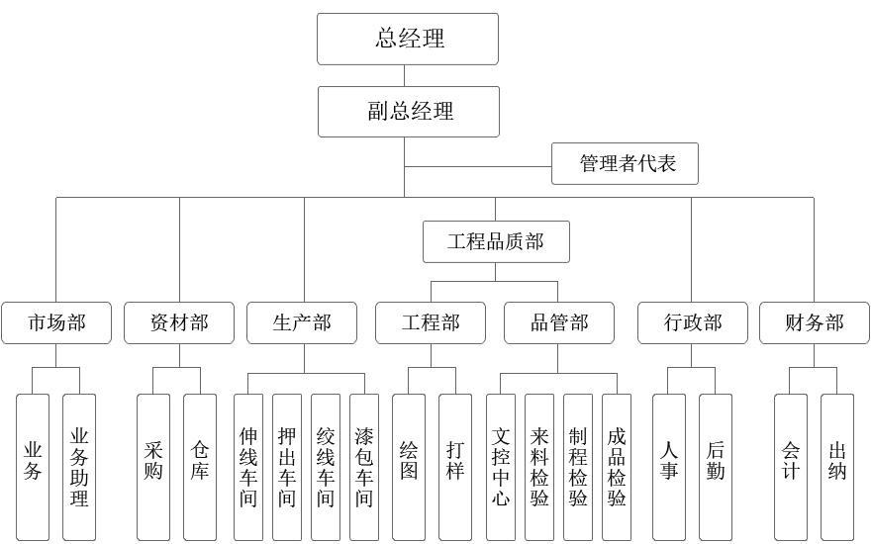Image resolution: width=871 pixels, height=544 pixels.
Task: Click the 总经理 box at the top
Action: pyautogui.click(x=408, y=39)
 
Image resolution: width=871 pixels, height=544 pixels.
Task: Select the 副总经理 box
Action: pyautogui.click(x=408, y=111)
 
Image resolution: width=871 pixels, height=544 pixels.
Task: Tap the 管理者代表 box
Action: pyautogui.click(x=625, y=163)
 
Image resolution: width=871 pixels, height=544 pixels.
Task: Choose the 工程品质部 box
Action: pyautogui.click(x=496, y=241)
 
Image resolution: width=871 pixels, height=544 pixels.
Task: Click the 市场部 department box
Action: pyautogui.click(x=56, y=322)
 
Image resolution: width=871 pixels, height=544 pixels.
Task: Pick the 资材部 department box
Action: pyautogui.click(x=179, y=322)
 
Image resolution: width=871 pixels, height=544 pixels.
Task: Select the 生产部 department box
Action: pyautogui.click(x=302, y=322)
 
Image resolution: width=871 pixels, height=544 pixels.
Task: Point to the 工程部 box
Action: pyautogui.click(x=431, y=322)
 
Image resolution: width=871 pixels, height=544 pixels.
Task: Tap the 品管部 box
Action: pyautogui.click(x=559, y=322)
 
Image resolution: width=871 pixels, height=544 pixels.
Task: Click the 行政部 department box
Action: pyautogui.click(x=692, y=322)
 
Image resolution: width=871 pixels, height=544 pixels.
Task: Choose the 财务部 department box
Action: pyautogui.click(x=815, y=322)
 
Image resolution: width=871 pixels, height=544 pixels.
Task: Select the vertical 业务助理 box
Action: pyautogui.click(x=79, y=467)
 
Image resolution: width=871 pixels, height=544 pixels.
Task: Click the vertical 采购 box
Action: pyautogui.click(x=153, y=467)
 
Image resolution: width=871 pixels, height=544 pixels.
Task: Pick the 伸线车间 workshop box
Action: pyautogui.click(x=248, y=467)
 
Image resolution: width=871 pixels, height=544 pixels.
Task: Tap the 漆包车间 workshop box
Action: pyautogui.click(x=364, y=467)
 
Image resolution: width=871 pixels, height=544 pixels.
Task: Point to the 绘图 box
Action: pyautogui.click(x=409, y=467)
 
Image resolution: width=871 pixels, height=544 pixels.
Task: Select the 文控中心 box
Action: pyautogui.click(x=501, y=467)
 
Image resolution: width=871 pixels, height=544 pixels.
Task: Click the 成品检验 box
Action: pyautogui.click(x=617, y=467)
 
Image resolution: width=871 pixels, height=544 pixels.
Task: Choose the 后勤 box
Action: pyautogui.click(x=716, y=467)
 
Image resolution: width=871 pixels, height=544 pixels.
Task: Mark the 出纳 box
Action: pyautogui.click(x=837, y=467)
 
